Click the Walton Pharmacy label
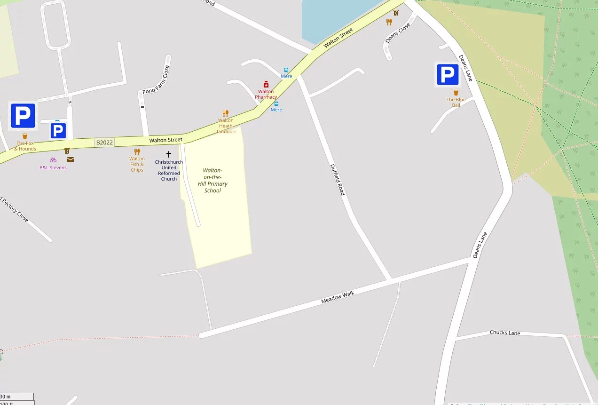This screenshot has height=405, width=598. (x=266, y=95)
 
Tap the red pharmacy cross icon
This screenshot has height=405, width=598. (x=266, y=84)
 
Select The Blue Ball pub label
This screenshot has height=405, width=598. (x=456, y=103)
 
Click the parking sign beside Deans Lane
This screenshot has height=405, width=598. (x=447, y=75)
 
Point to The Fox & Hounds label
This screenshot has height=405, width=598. (x=25, y=146)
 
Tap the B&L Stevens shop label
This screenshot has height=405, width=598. (x=53, y=167)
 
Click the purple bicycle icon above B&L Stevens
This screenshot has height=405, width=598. (x=53, y=160)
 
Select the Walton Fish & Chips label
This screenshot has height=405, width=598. (x=137, y=164)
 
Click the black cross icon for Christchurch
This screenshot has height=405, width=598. (x=169, y=154)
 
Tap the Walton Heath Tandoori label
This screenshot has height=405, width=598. (x=226, y=126)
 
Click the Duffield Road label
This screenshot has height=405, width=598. (x=337, y=180)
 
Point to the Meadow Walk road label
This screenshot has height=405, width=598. (x=338, y=297)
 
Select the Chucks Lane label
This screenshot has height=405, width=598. (x=505, y=333)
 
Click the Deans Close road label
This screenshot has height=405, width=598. (x=398, y=33)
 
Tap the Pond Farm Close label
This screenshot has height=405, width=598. (x=156, y=79)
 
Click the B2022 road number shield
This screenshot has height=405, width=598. (x=104, y=142)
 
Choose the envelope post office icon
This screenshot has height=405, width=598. (x=71, y=159)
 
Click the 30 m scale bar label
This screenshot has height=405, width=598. (x=6, y=397)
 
